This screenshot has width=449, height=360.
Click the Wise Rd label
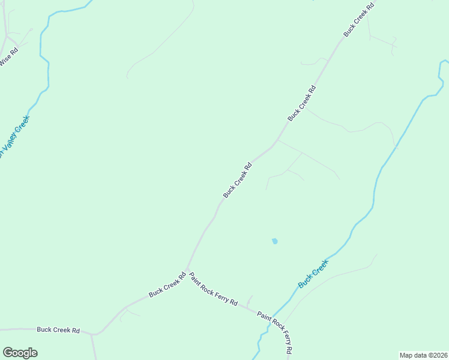click(9, 56)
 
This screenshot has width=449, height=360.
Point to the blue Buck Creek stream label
click(313, 272)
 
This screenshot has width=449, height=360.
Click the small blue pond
click(274, 241)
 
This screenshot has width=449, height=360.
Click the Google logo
click(20, 353)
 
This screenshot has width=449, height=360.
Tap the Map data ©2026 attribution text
click(423, 355)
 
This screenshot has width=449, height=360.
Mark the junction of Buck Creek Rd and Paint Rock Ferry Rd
click(187, 269)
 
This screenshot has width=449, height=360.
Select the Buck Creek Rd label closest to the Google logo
click(58, 330)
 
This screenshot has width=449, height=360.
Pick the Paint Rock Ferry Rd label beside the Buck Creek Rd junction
click(214, 289)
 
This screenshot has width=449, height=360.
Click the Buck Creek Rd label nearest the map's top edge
click(359, 20)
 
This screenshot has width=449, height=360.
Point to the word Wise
click(5, 61)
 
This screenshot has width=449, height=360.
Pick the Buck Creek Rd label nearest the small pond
click(237, 179)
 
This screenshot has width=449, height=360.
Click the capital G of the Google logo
click(8, 352)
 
